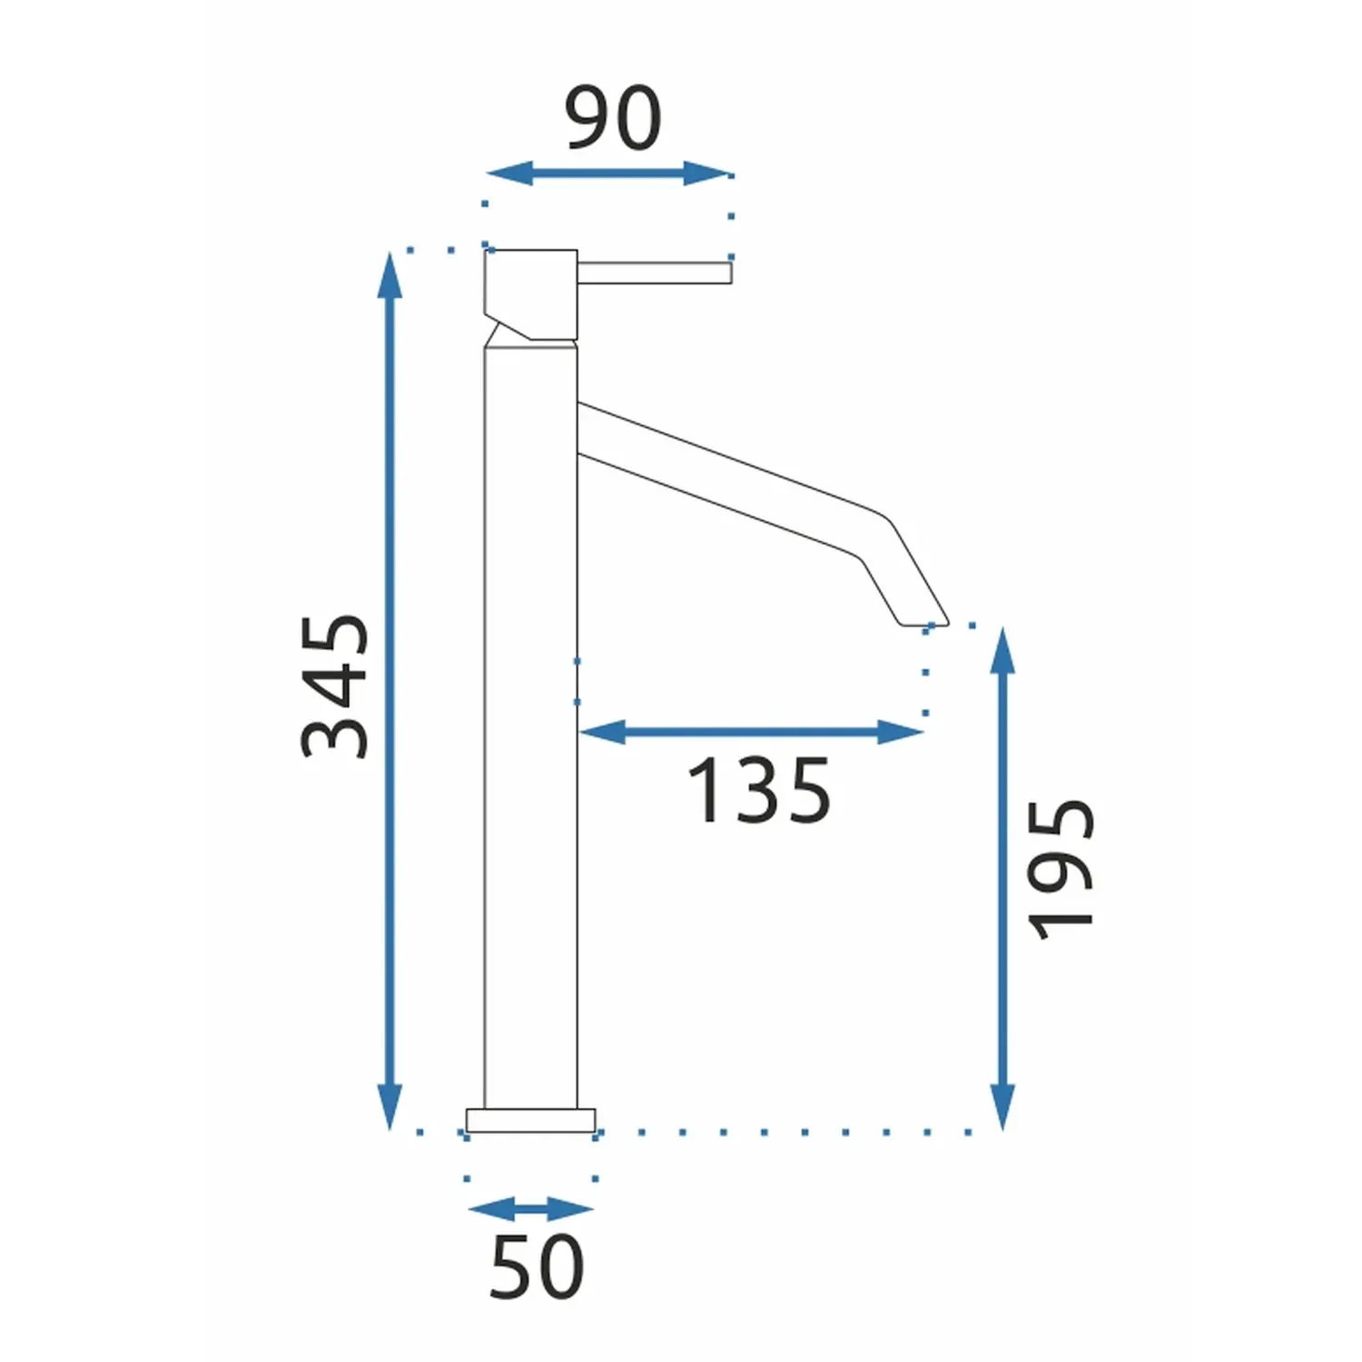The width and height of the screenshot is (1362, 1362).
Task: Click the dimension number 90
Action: pyautogui.click(x=613, y=118)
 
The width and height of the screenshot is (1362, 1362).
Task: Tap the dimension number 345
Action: pyautogui.click(x=336, y=686)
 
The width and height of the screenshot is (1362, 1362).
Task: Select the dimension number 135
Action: pyautogui.click(x=759, y=792)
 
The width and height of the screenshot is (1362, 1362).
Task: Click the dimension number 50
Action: pyautogui.click(x=537, y=1267)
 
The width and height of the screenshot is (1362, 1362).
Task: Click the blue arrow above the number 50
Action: pyautogui.click(x=531, y=1209)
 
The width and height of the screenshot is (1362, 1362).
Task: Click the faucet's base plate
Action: pyautogui.click(x=531, y=1120)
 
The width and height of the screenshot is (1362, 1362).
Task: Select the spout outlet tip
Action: pyautogui.click(x=924, y=621)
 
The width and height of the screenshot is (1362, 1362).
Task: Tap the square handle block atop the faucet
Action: pyautogui.click(x=532, y=292)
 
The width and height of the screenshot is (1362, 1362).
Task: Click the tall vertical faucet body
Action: pyautogui.click(x=531, y=726)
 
